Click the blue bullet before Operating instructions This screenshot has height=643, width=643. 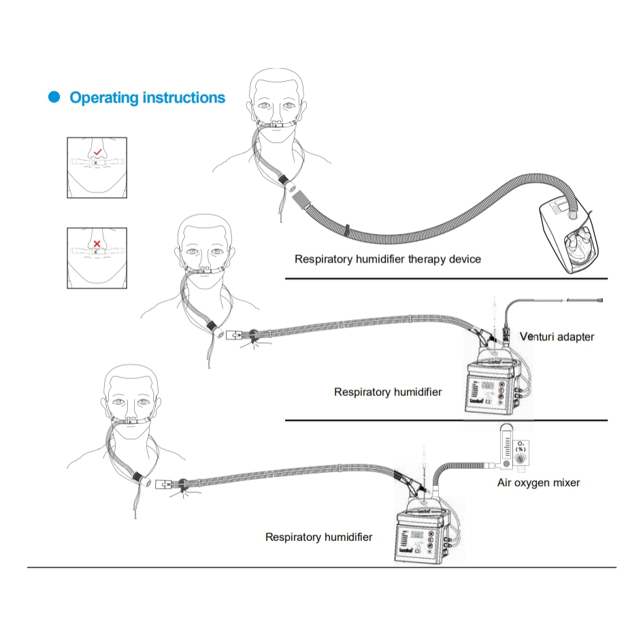coord(54,98)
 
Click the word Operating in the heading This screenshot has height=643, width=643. coord(103,98)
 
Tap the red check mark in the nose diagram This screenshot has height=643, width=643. coord(98,152)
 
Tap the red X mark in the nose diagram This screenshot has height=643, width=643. coord(97,243)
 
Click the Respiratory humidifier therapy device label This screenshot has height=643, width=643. coord(387,259)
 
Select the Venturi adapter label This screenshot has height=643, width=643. coord(557,337)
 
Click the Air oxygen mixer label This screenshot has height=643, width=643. coord(538,483)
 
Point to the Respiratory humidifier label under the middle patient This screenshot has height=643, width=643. coord(388,392)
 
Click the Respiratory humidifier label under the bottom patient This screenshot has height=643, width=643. coord(318,538)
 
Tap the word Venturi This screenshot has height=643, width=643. coord(537,337)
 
